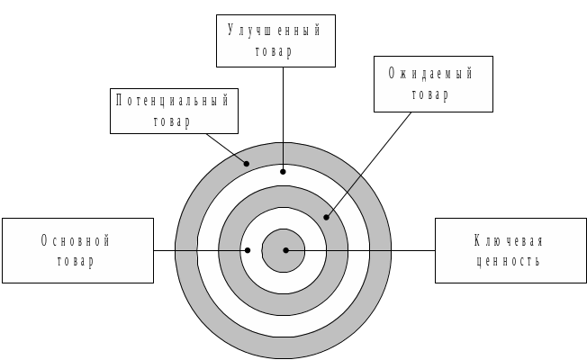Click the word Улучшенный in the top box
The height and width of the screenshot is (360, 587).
(x=275, y=31)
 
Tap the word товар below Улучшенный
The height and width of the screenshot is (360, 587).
(x=275, y=51)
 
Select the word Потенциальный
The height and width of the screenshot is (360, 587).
(x=173, y=100)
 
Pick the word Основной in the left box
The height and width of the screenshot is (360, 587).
(x=76, y=240)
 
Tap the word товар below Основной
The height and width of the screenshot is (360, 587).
(x=76, y=261)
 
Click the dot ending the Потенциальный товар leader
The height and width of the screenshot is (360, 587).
(x=247, y=164)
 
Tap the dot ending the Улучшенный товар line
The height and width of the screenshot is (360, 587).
(x=283, y=170)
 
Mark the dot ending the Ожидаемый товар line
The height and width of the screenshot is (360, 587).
(x=327, y=217)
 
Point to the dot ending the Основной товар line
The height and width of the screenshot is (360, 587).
(x=248, y=250)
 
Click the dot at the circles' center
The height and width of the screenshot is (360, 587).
(x=285, y=250)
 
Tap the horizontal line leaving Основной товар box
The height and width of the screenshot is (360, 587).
(x=165, y=250)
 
